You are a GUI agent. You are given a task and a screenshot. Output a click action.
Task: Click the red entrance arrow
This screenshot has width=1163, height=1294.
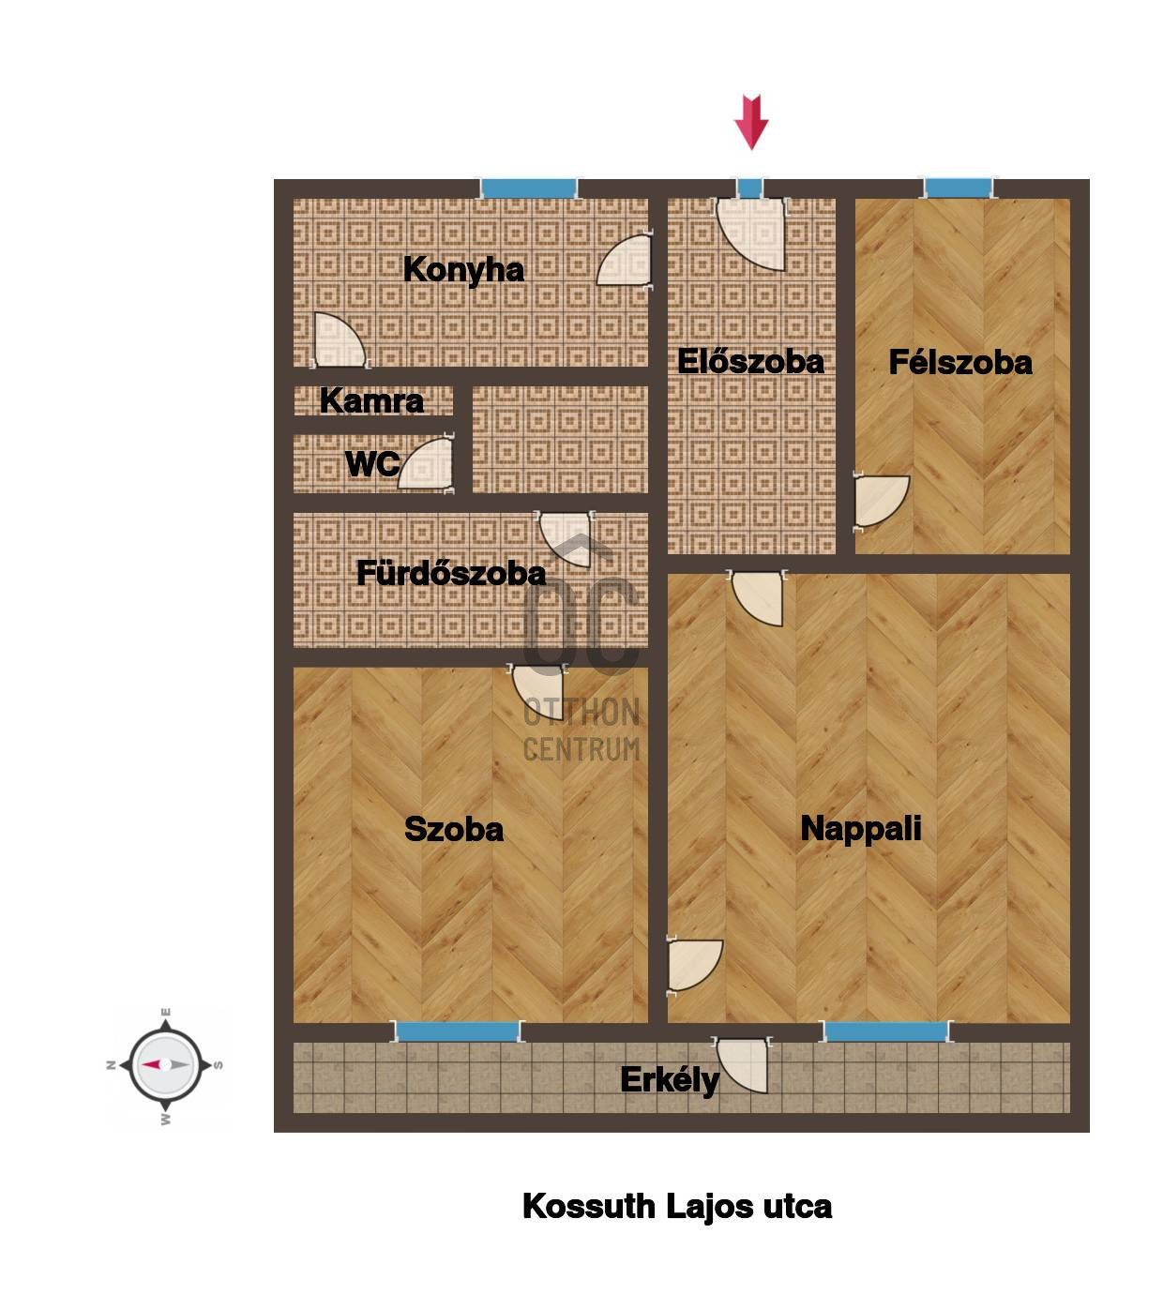click(x=751, y=123)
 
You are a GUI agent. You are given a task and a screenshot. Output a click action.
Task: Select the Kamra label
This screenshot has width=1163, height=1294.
click(x=372, y=401)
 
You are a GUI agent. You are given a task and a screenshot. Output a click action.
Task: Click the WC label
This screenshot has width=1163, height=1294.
click(x=372, y=464)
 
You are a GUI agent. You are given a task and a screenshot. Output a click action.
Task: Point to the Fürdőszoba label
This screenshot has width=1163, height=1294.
click(x=451, y=573)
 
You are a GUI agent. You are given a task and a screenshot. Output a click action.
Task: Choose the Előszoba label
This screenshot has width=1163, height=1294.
click(x=751, y=362)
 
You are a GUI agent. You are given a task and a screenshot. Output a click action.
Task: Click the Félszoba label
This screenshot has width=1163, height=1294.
click(x=960, y=363)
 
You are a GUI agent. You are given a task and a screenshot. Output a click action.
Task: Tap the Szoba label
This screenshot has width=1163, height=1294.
click(x=454, y=829)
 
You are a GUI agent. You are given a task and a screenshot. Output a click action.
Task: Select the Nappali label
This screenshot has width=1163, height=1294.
click(x=861, y=830)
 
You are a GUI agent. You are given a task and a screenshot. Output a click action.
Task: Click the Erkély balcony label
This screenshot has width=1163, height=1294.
click(x=670, y=1080)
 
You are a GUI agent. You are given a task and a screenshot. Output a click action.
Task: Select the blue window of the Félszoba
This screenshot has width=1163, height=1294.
click(x=959, y=188)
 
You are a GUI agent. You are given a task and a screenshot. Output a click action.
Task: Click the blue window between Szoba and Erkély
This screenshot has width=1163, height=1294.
click(x=457, y=1031)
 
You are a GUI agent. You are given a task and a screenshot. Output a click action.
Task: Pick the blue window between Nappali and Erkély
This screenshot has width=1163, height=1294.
click(x=886, y=1031)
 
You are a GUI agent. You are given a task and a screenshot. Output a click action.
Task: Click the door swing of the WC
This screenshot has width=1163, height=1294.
click(x=426, y=464)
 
